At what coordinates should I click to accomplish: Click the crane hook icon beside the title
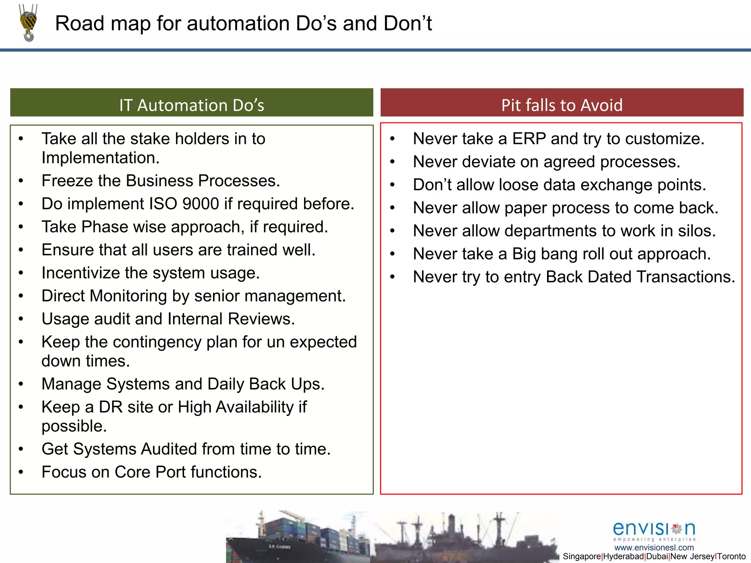pyautogui.click(x=28, y=23)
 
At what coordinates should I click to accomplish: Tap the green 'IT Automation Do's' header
pyautogui.click(x=191, y=105)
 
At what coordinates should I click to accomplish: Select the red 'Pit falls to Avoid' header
pyautogui.click(x=562, y=105)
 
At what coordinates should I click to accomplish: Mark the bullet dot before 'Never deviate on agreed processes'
pyautogui.click(x=392, y=162)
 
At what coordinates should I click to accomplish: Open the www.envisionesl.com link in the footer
pyautogui.click(x=654, y=548)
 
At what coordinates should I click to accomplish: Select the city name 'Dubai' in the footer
pyautogui.click(x=657, y=556)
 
